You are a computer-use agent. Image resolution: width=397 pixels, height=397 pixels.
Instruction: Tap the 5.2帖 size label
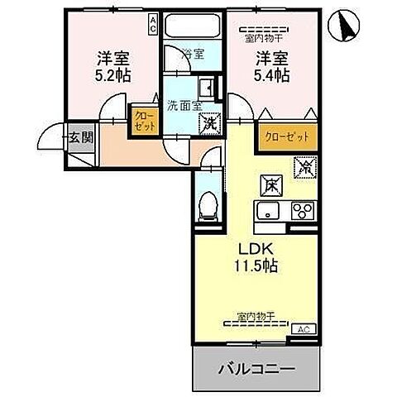(x=115, y=74)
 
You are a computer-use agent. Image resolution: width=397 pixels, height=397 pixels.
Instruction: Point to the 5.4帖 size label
(x=272, y=75)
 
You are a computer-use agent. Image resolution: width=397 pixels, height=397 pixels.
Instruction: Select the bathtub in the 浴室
(x=194, y=27)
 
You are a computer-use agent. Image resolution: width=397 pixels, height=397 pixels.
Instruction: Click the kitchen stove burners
(x=301, y=209)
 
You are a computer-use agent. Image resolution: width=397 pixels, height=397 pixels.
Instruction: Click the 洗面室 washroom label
(x=182, y=106)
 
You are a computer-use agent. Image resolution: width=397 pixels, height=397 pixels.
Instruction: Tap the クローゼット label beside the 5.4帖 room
(x=287, y=137)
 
